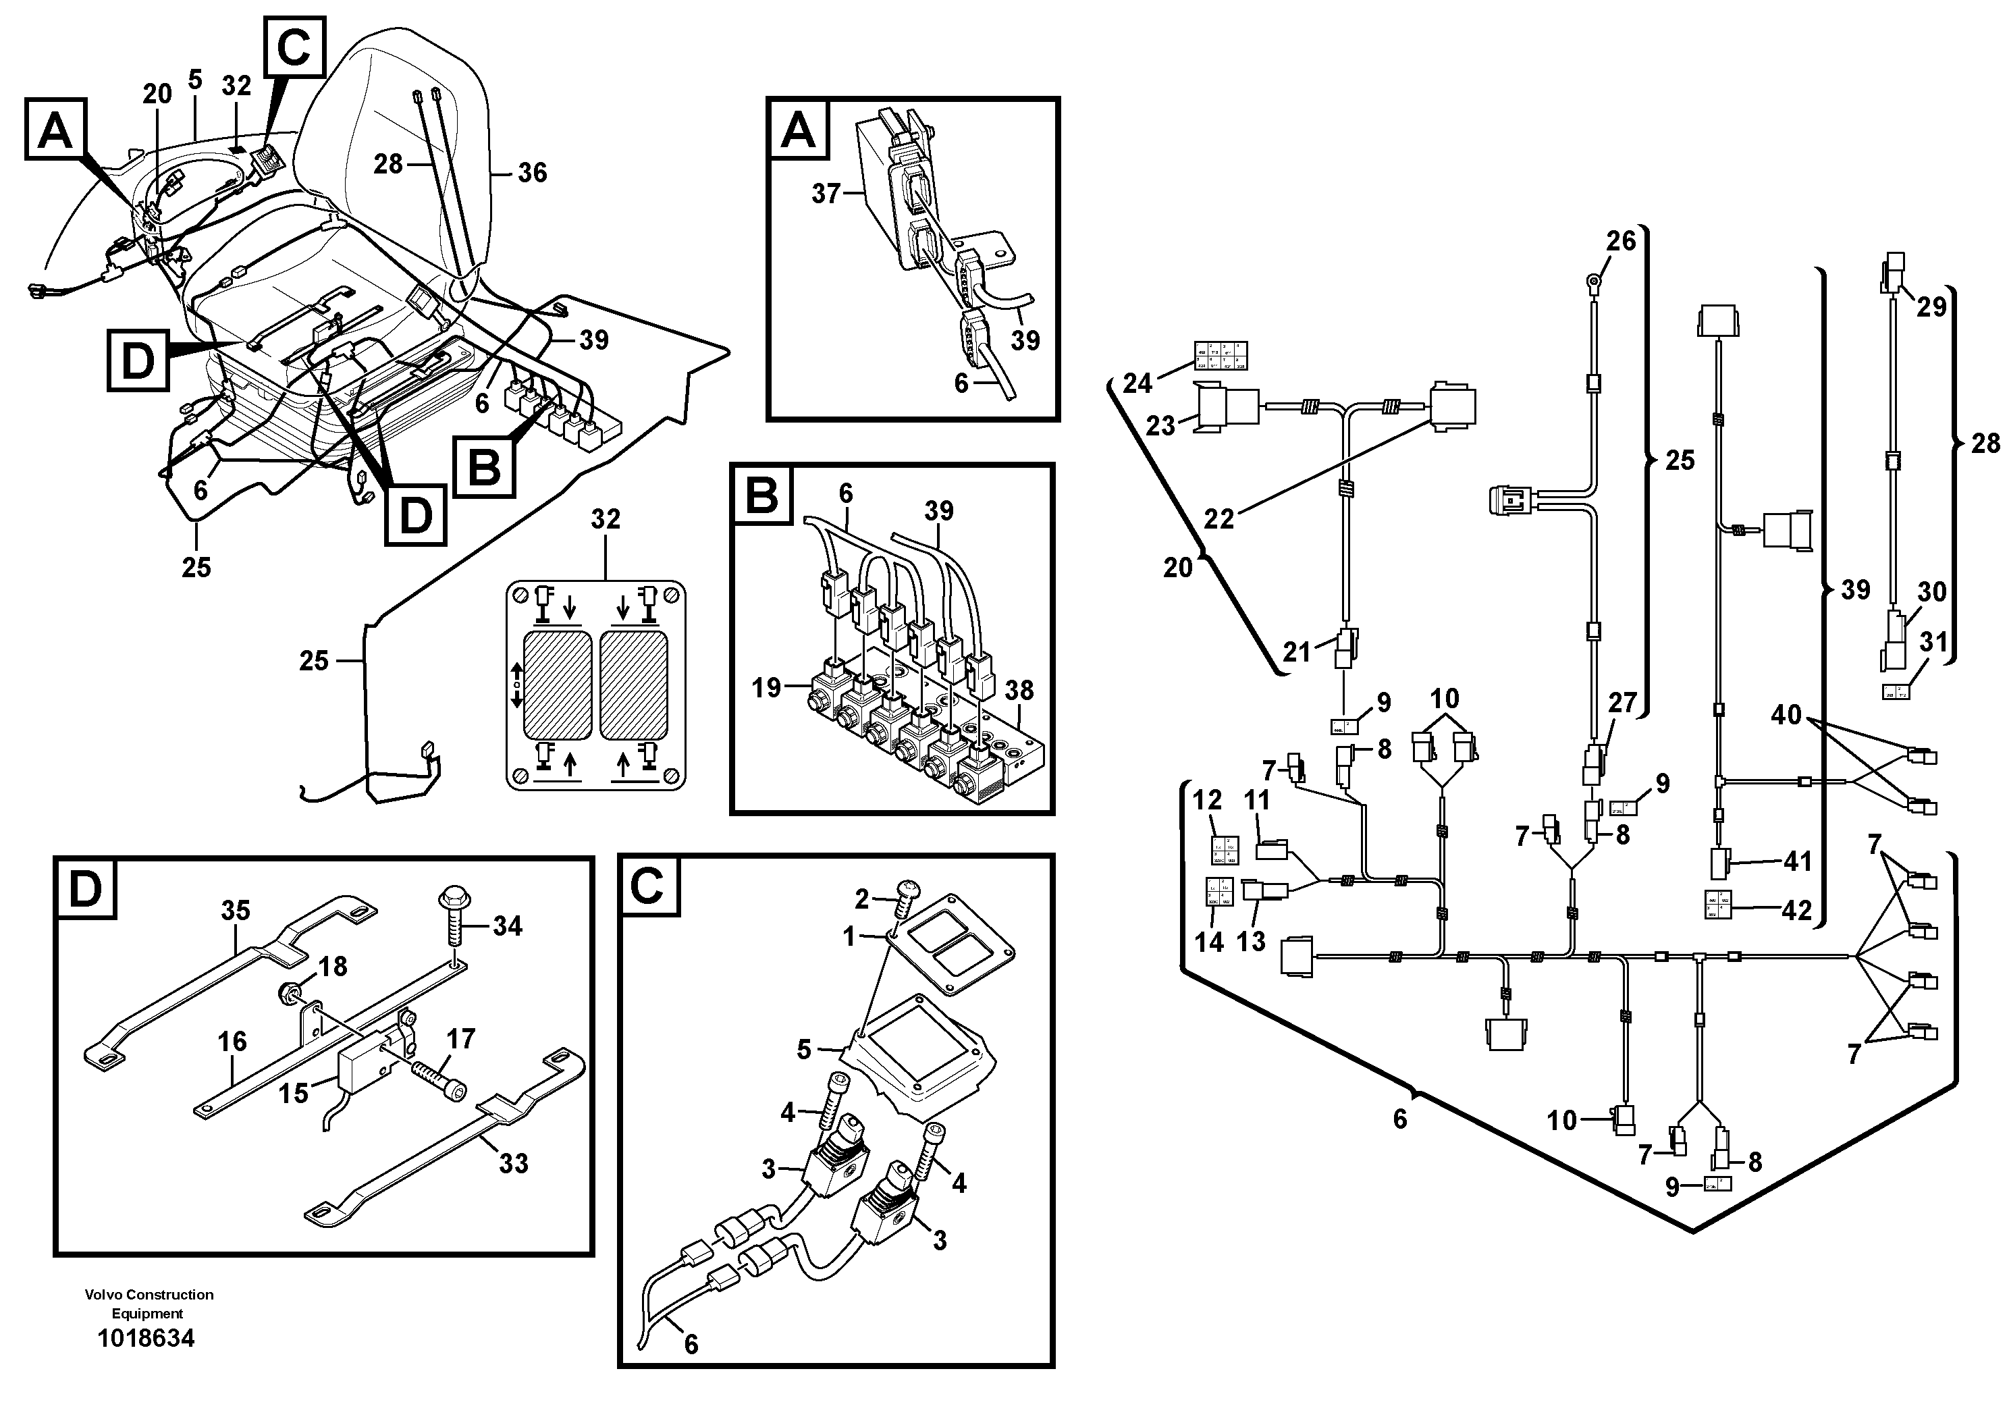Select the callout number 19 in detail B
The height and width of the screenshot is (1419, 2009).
[766, 688]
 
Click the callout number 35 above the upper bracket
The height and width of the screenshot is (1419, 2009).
[236, 911]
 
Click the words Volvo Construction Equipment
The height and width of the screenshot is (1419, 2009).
[149, 1304]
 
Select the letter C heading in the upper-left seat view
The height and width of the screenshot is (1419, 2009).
[293, 47]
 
